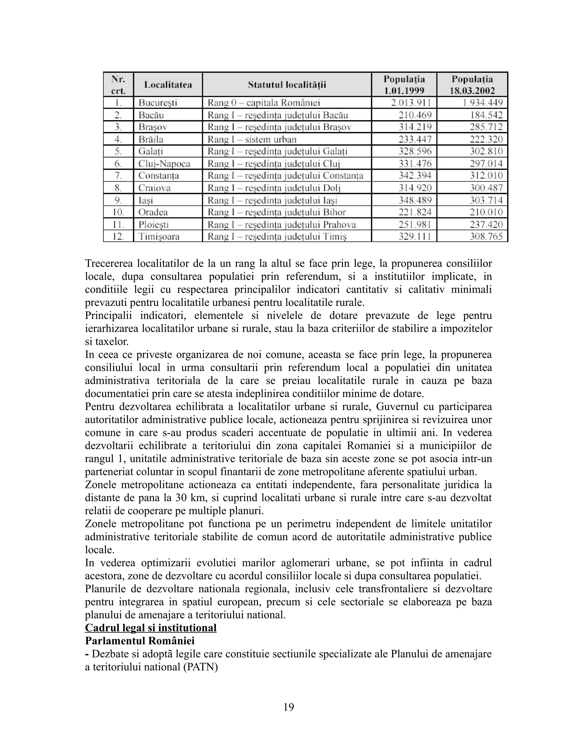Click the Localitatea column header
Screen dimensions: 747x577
tap(168, 85)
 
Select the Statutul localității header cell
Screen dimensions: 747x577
tap(287, 85)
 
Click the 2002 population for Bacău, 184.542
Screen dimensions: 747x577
tap(486, 115)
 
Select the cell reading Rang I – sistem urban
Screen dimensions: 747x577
tap(252, 139)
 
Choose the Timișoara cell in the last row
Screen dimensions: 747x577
tap(159, 236)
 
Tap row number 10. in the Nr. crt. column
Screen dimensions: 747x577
tap(118, 212)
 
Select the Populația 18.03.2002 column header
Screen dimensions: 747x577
tap(472, 85)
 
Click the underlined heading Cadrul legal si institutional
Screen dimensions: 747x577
tap(150, 628)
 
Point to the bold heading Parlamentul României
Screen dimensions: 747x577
tap(139, 641)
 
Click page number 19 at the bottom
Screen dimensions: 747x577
tap(288, 707)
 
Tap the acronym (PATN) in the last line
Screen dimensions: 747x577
tap(200, 667)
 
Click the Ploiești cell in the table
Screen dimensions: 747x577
tap(154, 224)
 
